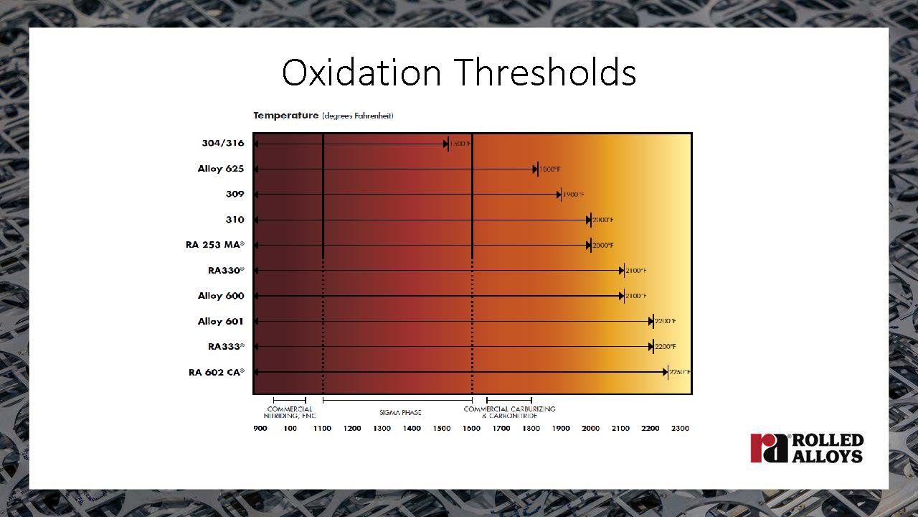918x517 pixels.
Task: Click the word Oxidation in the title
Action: pos(361,73)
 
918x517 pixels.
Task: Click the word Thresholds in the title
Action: pos(545,73)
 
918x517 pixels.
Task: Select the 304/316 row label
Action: pos(222,143)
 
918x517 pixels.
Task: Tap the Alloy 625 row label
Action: pos(220,169)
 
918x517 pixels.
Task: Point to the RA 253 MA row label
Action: pos(214,245)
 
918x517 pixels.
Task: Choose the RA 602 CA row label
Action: pos(216,372)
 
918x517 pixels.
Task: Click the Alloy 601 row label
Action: pos(220,321)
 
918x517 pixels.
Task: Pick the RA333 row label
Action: pos(226,347)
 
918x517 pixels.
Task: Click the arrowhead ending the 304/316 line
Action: pos(445,144)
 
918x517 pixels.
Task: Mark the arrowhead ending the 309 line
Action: pos(558,195)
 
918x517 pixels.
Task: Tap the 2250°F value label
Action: pos(679,372)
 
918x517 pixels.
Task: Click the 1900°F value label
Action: pos(574,195)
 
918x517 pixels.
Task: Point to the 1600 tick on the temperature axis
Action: pos(471,429)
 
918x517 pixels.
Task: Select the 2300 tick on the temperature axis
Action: pos(679,429)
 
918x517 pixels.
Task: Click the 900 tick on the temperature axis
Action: pos(260,429)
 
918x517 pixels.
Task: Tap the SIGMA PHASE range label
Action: pos(400,413)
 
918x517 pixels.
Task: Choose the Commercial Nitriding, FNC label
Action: pos(290,412)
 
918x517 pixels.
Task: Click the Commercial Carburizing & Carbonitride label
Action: pos(509,412)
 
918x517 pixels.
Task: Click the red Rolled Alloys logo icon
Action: pos(768,448)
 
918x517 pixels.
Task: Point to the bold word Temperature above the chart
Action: pos(285,116)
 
